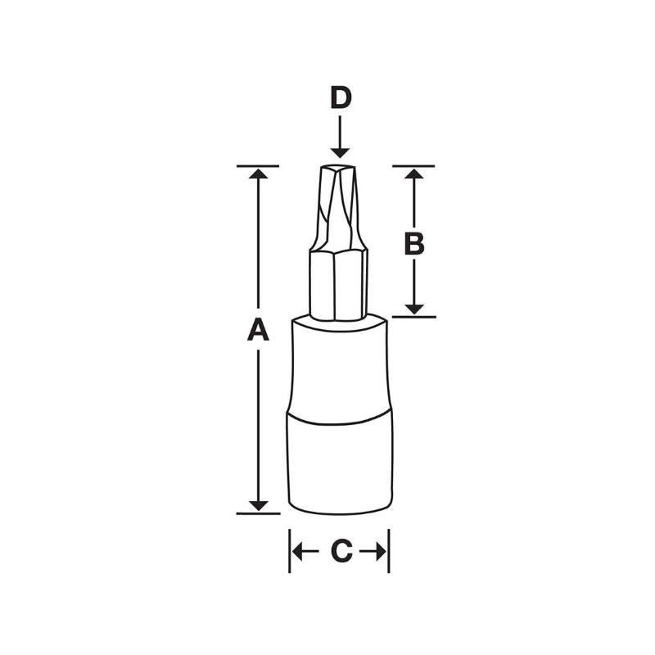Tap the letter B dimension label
coord(414,243)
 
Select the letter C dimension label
coord(341,553)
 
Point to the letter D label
coord(341,98)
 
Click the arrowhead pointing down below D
coord(341,151)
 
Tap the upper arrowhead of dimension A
coord(258,174)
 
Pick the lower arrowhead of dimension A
coord(258,505)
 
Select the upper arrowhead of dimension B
coord(414,174)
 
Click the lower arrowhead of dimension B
coord(414,308)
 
